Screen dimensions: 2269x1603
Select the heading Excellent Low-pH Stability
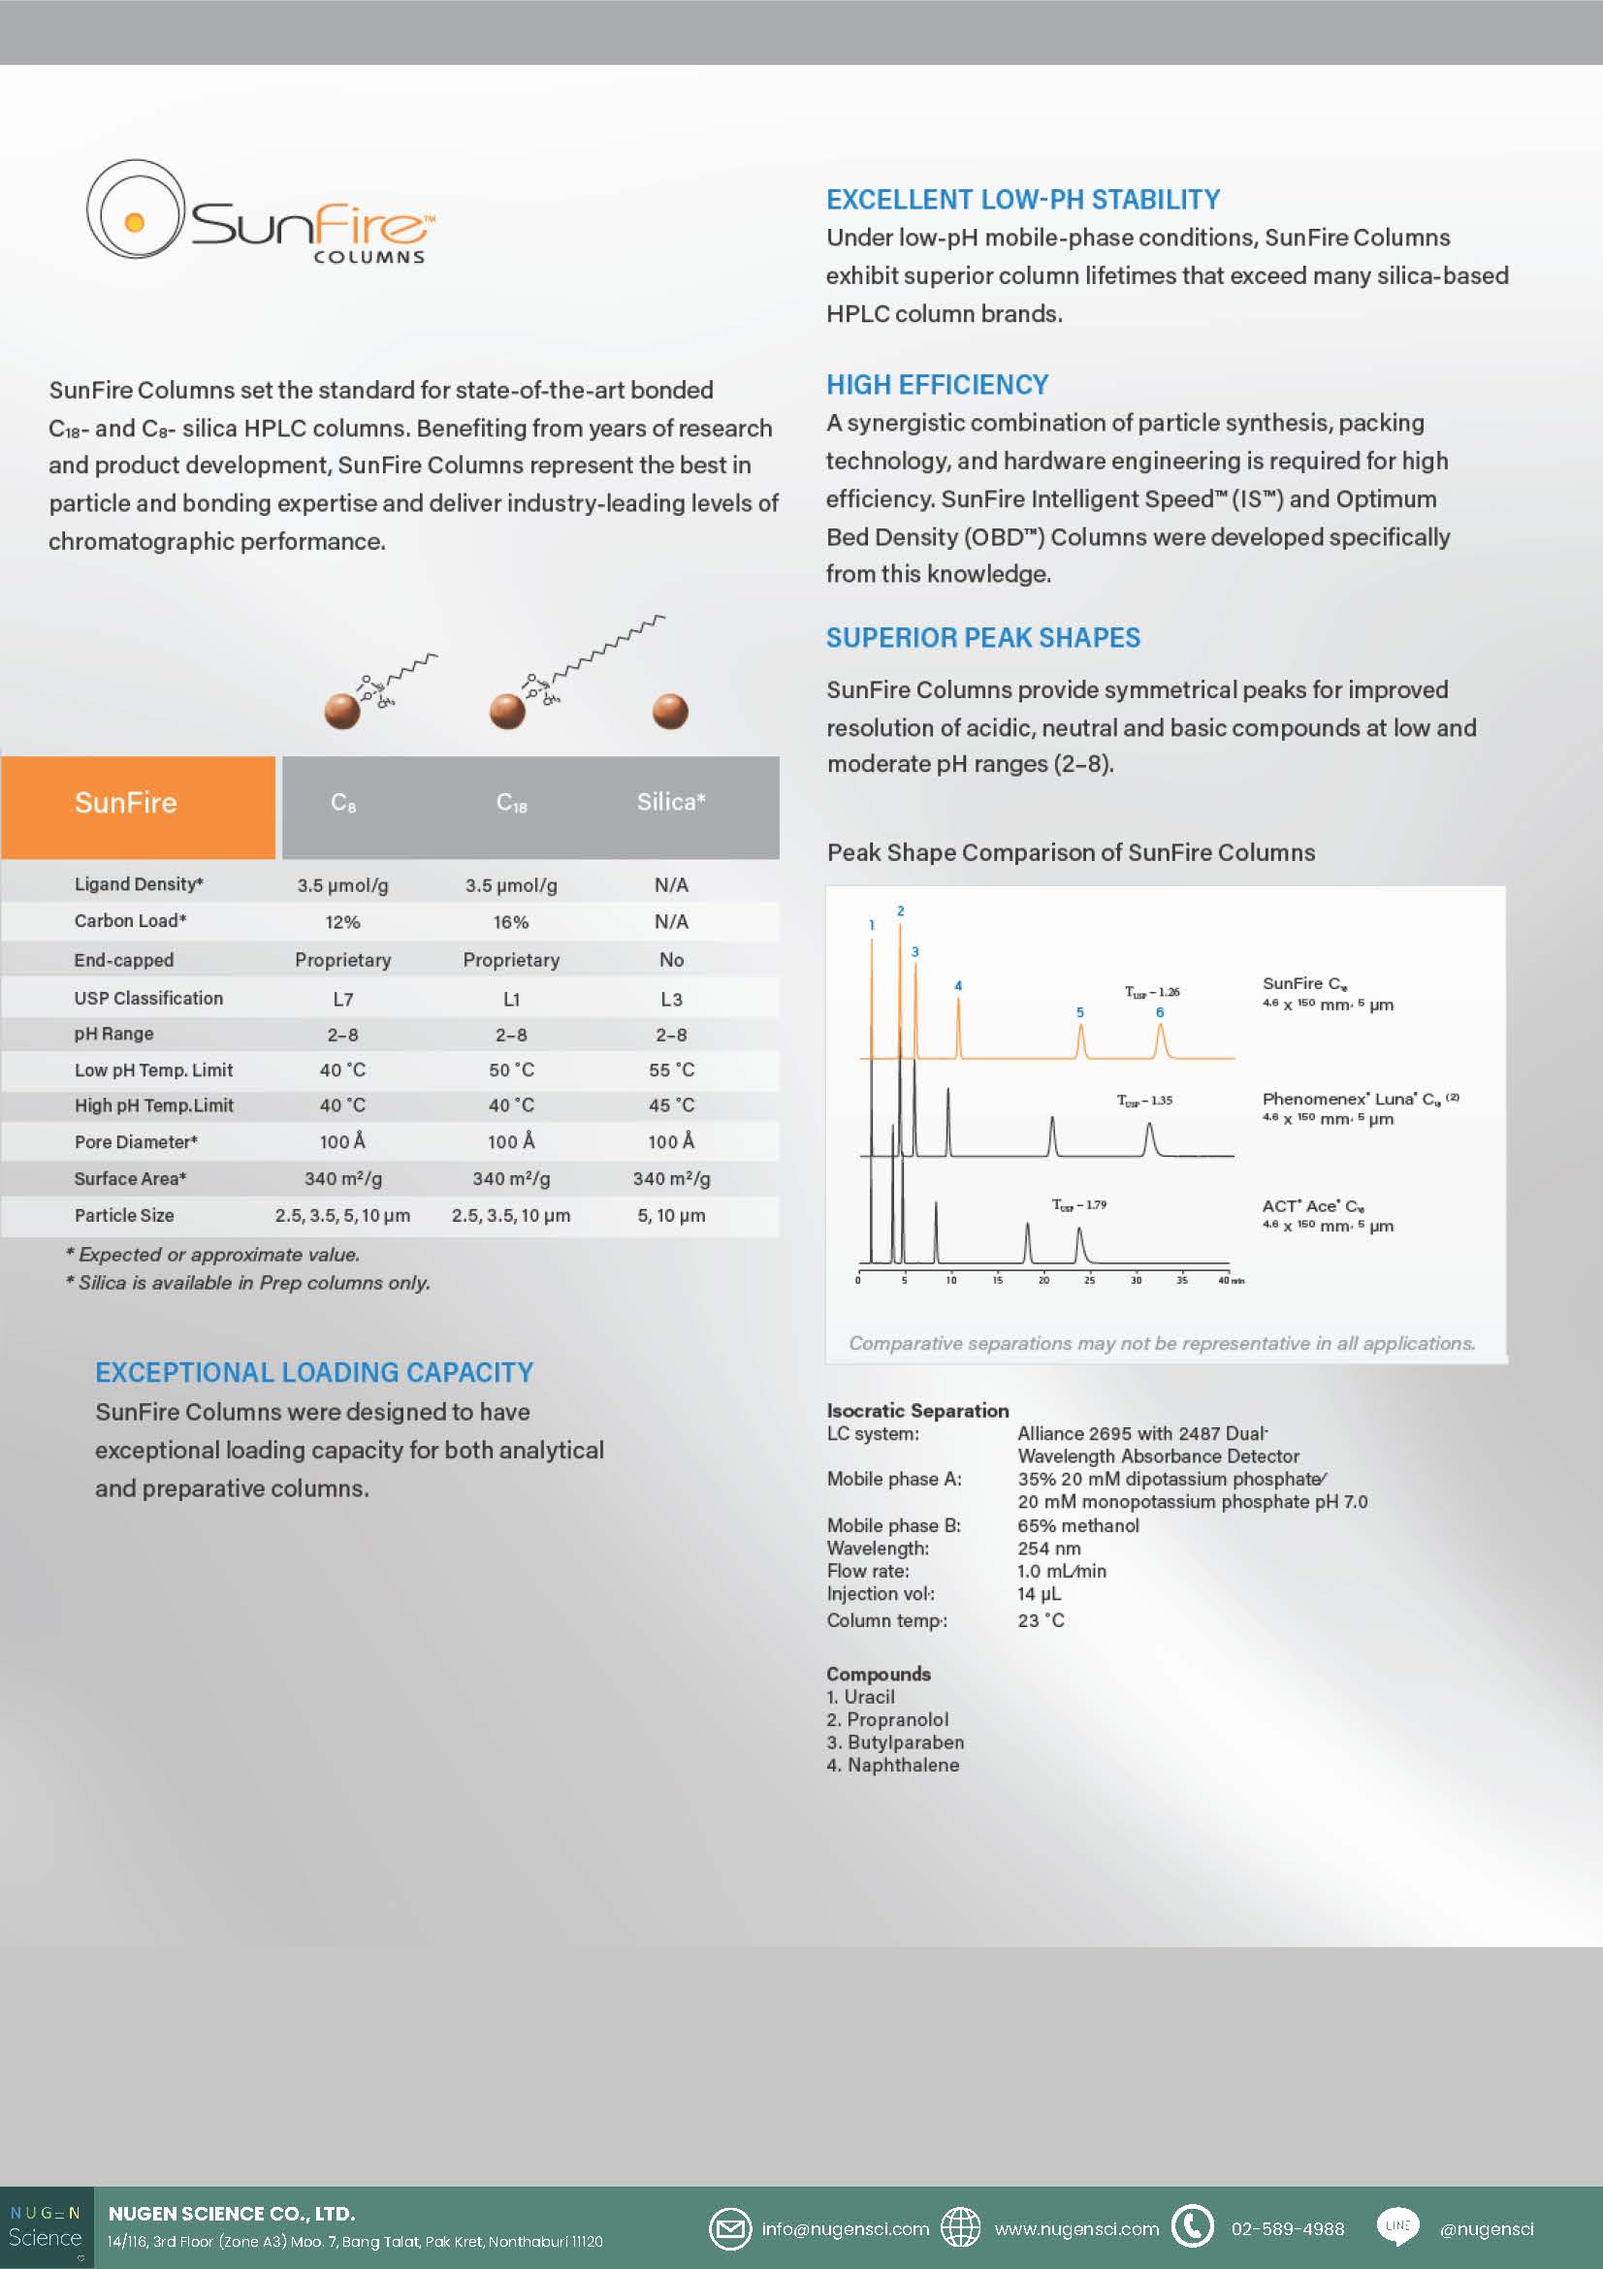[1022, 200]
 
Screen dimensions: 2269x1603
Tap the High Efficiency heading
[937, 384]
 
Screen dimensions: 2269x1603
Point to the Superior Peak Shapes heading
[982, 637]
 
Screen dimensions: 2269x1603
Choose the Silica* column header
[670, 803]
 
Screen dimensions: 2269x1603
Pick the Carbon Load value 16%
[511, 922]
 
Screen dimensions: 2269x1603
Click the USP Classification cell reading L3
[671, 999]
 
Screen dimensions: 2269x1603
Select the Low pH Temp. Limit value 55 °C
[671, 1071]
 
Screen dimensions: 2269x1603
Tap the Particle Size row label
[123, 1216]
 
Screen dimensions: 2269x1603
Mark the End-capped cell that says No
[671, 960]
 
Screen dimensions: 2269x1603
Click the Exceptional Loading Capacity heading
[314, 1372]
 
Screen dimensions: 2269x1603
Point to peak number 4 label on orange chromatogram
[958, 985]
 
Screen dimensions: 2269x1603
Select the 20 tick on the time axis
[1043, 1280]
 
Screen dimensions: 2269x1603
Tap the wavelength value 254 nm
[1048, 1549]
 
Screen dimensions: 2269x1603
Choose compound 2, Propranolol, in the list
[887, 1719]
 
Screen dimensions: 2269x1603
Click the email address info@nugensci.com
[845, 2228]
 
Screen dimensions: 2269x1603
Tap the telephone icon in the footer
[1192, 2225]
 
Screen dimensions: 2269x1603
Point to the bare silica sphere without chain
[670, 712]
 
